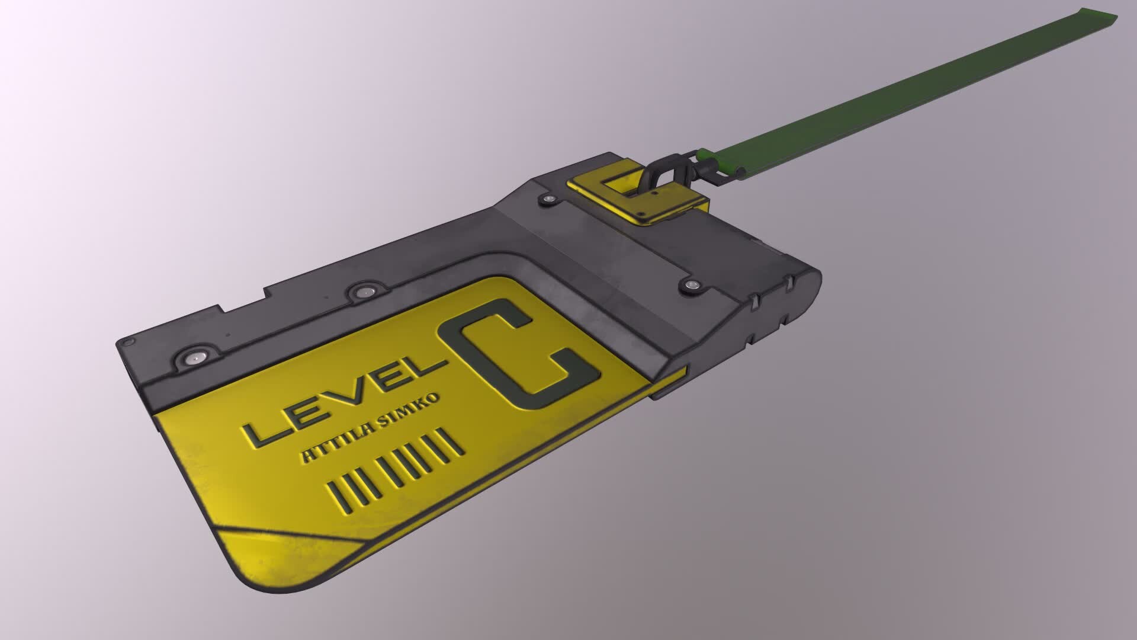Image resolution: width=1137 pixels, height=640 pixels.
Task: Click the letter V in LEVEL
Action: click(349, 398)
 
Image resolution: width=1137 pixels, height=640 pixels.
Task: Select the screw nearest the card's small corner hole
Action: click(194, 358)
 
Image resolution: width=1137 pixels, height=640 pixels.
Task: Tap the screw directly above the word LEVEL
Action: click(362, 292)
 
